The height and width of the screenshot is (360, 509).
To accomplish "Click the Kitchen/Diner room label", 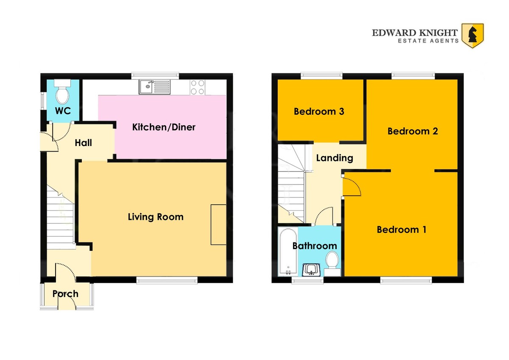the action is [x=164, y=127].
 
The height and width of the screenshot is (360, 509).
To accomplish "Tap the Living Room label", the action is [x=156, y=217].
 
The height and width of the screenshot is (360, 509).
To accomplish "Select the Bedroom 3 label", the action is [x=319, y=111].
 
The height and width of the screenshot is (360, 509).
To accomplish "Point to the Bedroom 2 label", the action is [x=413, y=131].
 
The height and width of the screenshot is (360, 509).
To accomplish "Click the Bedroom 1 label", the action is [x=402, y=230].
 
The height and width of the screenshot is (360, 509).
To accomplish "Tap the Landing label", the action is [x=335, y=158].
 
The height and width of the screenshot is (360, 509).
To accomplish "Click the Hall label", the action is [x=84, y=143].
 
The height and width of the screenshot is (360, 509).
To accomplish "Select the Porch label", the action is [x=65, y=294].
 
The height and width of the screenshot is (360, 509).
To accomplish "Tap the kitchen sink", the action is [x=154, y=87].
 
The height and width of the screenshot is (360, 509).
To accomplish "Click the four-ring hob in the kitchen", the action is [x=198, y=87].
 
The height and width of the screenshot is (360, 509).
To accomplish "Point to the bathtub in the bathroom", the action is [x=288, y=252].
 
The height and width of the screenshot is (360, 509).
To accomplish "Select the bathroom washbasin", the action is [x=311, y=270].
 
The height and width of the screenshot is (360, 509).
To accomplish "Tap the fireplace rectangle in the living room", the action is [x=218, y=225].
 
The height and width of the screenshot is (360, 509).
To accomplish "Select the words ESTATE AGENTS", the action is [x=428, y=41].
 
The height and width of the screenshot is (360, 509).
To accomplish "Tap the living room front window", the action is [x=167, y=280].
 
